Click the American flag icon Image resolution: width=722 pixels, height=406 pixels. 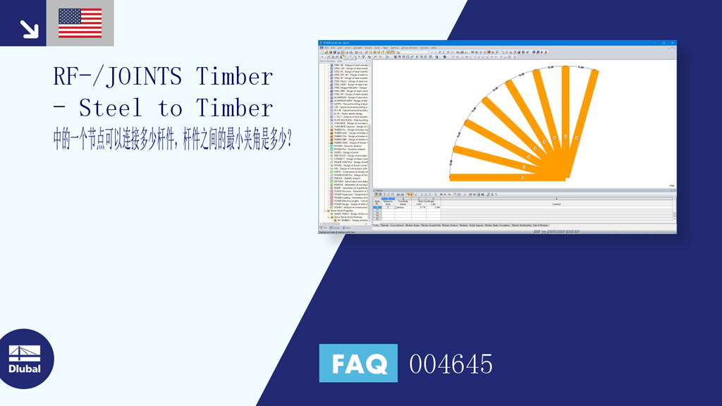click(x=80, y=23)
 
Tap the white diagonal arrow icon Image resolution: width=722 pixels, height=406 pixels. click(x=28, y=28)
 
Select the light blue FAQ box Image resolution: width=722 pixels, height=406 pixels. click(x=358, y=364)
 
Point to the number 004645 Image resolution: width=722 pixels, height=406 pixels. click(x=451, y=364)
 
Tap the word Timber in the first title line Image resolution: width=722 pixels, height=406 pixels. click(x=234, y=76)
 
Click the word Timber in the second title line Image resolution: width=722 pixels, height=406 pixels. click(x=234, y=108)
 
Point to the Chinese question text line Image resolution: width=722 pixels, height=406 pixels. click(x=173, y=139)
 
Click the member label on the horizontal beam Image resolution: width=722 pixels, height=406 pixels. click(x=522, y=178)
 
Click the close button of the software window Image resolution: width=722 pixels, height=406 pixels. click(x=673, y=44)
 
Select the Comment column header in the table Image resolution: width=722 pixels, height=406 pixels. click(x=557, y=204)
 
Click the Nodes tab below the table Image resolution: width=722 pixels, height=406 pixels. click(x=376, y=226)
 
